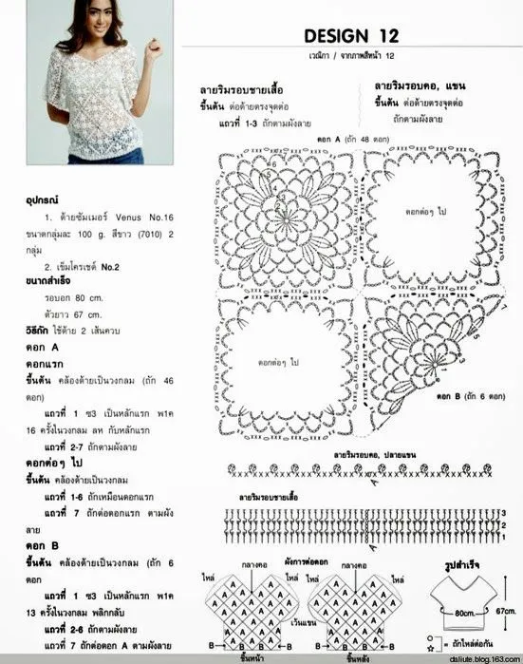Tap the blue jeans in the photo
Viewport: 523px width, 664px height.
click(92, 157)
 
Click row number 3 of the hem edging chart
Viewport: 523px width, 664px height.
click(502, 511)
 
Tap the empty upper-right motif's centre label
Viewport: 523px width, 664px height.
click(428, 211)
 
